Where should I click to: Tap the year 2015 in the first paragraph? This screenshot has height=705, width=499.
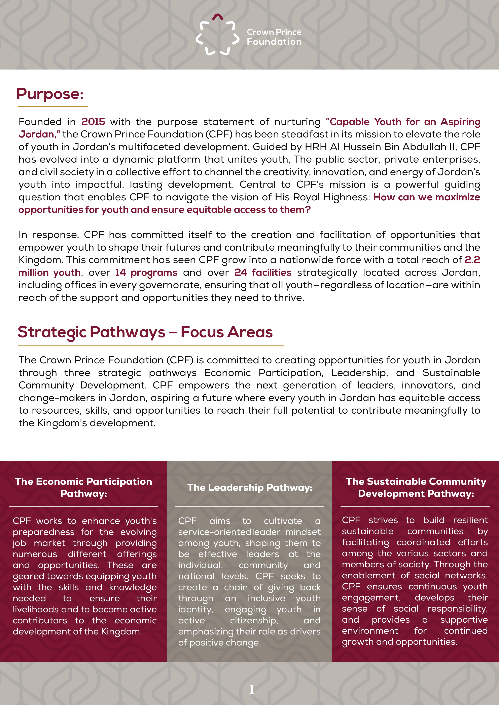93,122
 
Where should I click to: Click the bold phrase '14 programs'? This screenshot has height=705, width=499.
146,273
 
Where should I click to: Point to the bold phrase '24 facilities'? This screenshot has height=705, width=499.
263,273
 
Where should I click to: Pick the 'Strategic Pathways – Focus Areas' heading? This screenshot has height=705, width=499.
145,332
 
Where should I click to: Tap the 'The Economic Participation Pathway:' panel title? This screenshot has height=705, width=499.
84,488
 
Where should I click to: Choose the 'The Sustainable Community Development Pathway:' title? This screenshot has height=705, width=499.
416,488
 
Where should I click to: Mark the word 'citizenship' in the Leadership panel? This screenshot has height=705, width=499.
254,621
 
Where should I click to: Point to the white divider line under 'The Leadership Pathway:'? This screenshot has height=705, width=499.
249,507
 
